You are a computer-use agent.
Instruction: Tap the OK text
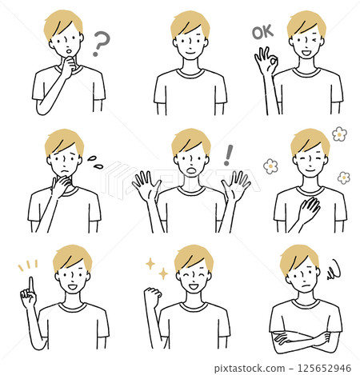tap(262, 34)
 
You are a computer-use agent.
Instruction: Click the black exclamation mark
tap(227, 154)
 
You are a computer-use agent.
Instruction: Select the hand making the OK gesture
tap(265, 63)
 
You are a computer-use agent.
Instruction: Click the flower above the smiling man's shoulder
tap(339, 134)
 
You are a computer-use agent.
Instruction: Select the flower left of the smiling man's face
tap(270, 166)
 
